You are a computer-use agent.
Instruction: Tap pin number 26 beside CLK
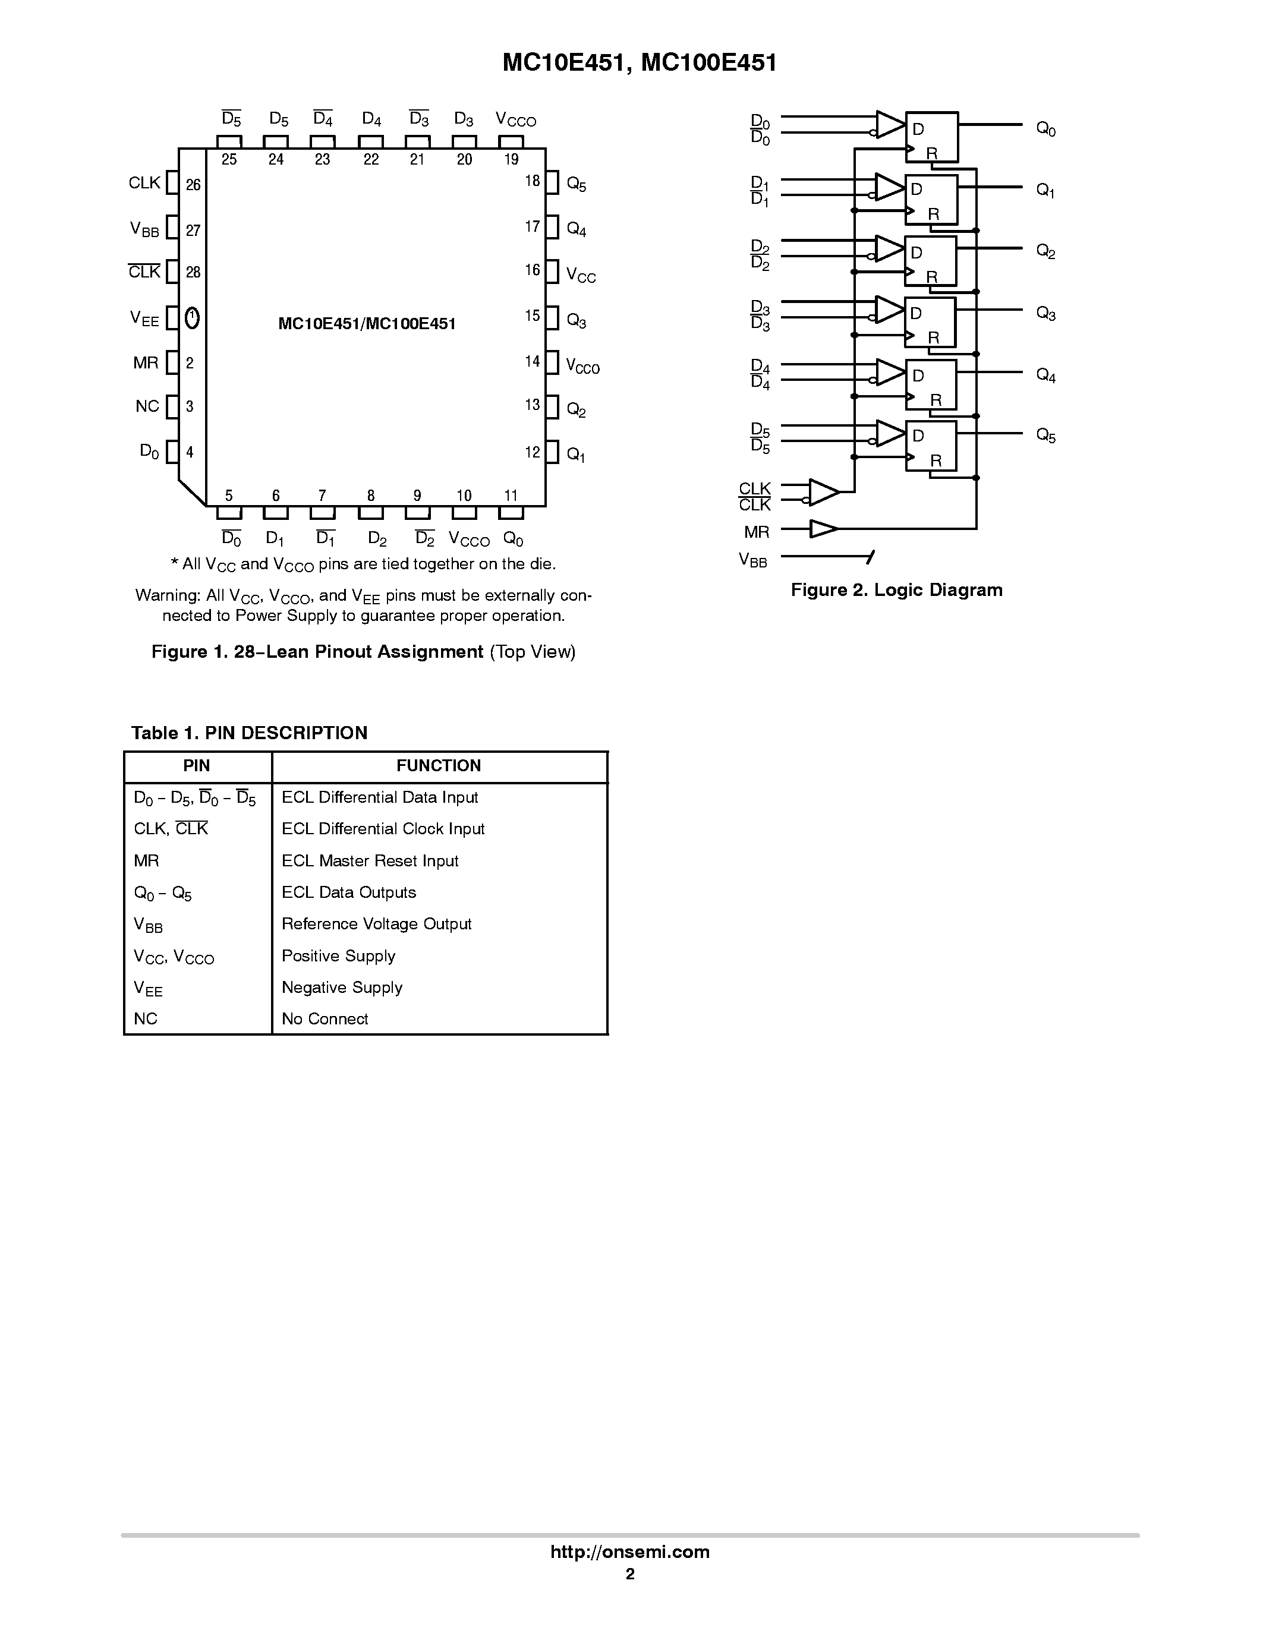193,185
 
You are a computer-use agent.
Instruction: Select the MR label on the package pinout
146,363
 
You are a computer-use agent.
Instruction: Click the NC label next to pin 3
147,406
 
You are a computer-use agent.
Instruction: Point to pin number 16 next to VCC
532,270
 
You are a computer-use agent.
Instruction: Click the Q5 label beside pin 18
576,184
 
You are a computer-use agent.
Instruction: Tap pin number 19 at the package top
511,159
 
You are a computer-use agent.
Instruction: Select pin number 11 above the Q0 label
511,496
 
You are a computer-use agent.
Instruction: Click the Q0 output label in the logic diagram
1045,130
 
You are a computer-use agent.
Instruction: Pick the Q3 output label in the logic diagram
1045,314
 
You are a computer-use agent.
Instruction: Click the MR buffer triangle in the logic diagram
823,529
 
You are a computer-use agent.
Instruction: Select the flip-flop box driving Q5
931,446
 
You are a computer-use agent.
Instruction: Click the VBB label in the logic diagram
752,560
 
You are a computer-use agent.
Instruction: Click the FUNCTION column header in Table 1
439,765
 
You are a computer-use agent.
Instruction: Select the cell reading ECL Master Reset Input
370,860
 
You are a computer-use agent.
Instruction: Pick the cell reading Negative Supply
342,987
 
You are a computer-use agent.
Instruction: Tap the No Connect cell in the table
325,1018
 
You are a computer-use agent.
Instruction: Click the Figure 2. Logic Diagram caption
896,589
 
